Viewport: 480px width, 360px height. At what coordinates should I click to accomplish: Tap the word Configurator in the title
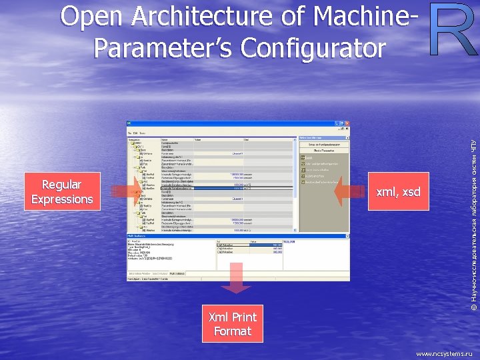[x=314, y=48]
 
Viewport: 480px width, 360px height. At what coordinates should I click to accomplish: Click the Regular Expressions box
[x=61, y=192]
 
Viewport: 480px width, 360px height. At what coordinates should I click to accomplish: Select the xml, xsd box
[x=398, y=192]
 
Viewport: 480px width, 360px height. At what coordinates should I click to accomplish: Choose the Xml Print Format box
[x=232, y=323]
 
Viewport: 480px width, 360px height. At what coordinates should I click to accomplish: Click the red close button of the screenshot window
[x=346, y=125]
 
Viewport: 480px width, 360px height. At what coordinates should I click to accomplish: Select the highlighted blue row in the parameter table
[x=207, y=189]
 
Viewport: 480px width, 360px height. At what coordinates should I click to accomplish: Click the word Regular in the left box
[x=61, y=185]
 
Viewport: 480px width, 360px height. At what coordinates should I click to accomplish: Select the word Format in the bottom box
[x=232, y=331]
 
